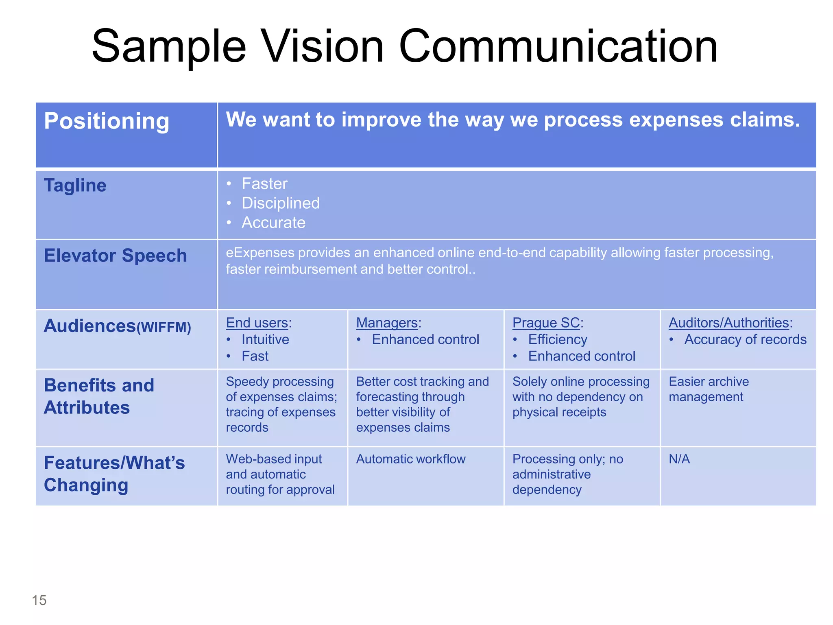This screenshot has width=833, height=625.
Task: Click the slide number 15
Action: coord(39,600)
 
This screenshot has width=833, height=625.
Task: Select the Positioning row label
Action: coord(107,121)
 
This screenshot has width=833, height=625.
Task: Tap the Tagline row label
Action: coord(75,186)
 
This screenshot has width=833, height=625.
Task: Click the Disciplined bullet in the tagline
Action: coord(280,203)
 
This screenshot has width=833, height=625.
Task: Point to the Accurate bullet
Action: coord(273,223)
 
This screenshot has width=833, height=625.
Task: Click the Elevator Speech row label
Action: coord(115,256)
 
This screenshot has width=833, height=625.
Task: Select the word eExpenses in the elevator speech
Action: coord(260,253)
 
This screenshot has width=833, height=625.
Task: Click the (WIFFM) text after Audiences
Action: coord(164,327)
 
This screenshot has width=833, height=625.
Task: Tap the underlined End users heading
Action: coord(257,323)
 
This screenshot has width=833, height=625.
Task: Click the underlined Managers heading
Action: coord(387,323)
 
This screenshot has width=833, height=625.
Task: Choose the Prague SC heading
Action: coord(546,323)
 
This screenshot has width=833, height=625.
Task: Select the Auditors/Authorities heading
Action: coord(729,323)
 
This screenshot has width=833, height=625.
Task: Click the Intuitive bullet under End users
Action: coord(265,339)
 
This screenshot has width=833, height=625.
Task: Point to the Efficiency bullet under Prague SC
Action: coord(558,339)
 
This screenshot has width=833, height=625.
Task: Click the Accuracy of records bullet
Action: coord(745,339)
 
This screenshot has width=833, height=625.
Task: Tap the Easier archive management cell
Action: coord(709,389)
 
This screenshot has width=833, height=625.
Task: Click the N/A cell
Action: coord(679,459)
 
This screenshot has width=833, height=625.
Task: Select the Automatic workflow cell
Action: coord(411,459)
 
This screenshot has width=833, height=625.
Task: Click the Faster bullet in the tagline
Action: coord(264,184)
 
